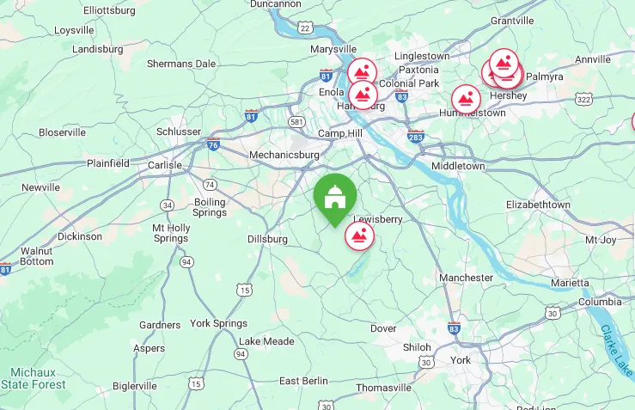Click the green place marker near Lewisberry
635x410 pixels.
334,197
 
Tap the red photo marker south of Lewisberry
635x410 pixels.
359,236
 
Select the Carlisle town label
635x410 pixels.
165,165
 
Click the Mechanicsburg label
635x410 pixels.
284,155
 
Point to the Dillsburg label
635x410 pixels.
267,239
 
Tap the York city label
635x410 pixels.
461,360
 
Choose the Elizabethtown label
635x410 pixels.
538,205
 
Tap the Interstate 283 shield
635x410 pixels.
416,136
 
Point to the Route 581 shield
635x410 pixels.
296,121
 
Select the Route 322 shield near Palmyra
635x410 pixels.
584,101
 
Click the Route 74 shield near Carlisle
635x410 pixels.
210,184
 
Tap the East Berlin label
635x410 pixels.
303,381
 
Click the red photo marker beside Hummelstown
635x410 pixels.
467,99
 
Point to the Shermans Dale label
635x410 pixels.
180,64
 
